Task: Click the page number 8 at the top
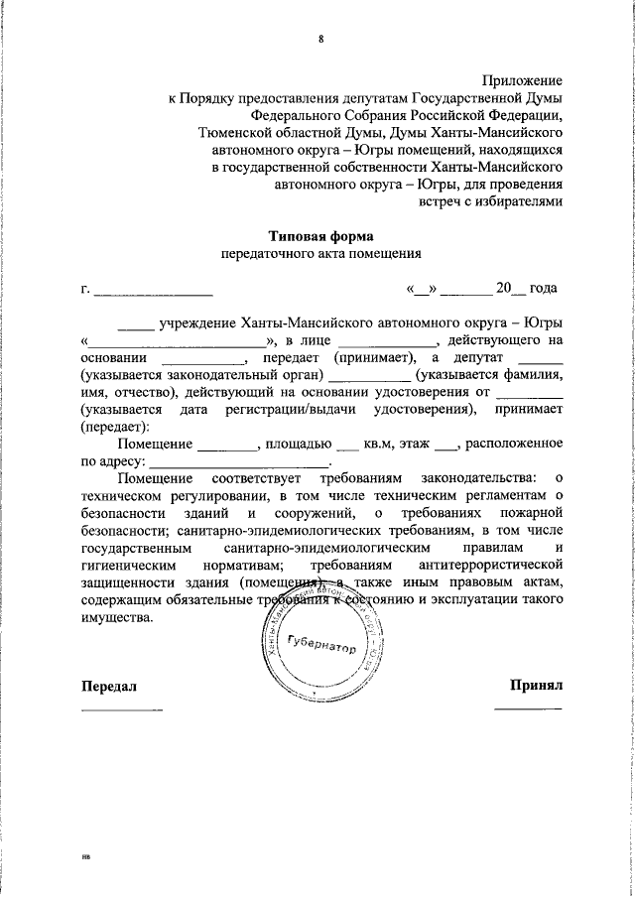pyautogui.click(x=320, y=39)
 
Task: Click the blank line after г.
pyautogui.click(x=153, y=291)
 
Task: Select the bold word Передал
pyautogui.click(x=107, y=686)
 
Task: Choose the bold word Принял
pyautogui.click(x=537, y=685)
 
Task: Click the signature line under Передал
pyautogui.click(x=121, y=708)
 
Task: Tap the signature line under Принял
pyautogui.click(x=528, y=708)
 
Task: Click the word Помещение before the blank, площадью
pyautogui.click(x=155, y=443)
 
